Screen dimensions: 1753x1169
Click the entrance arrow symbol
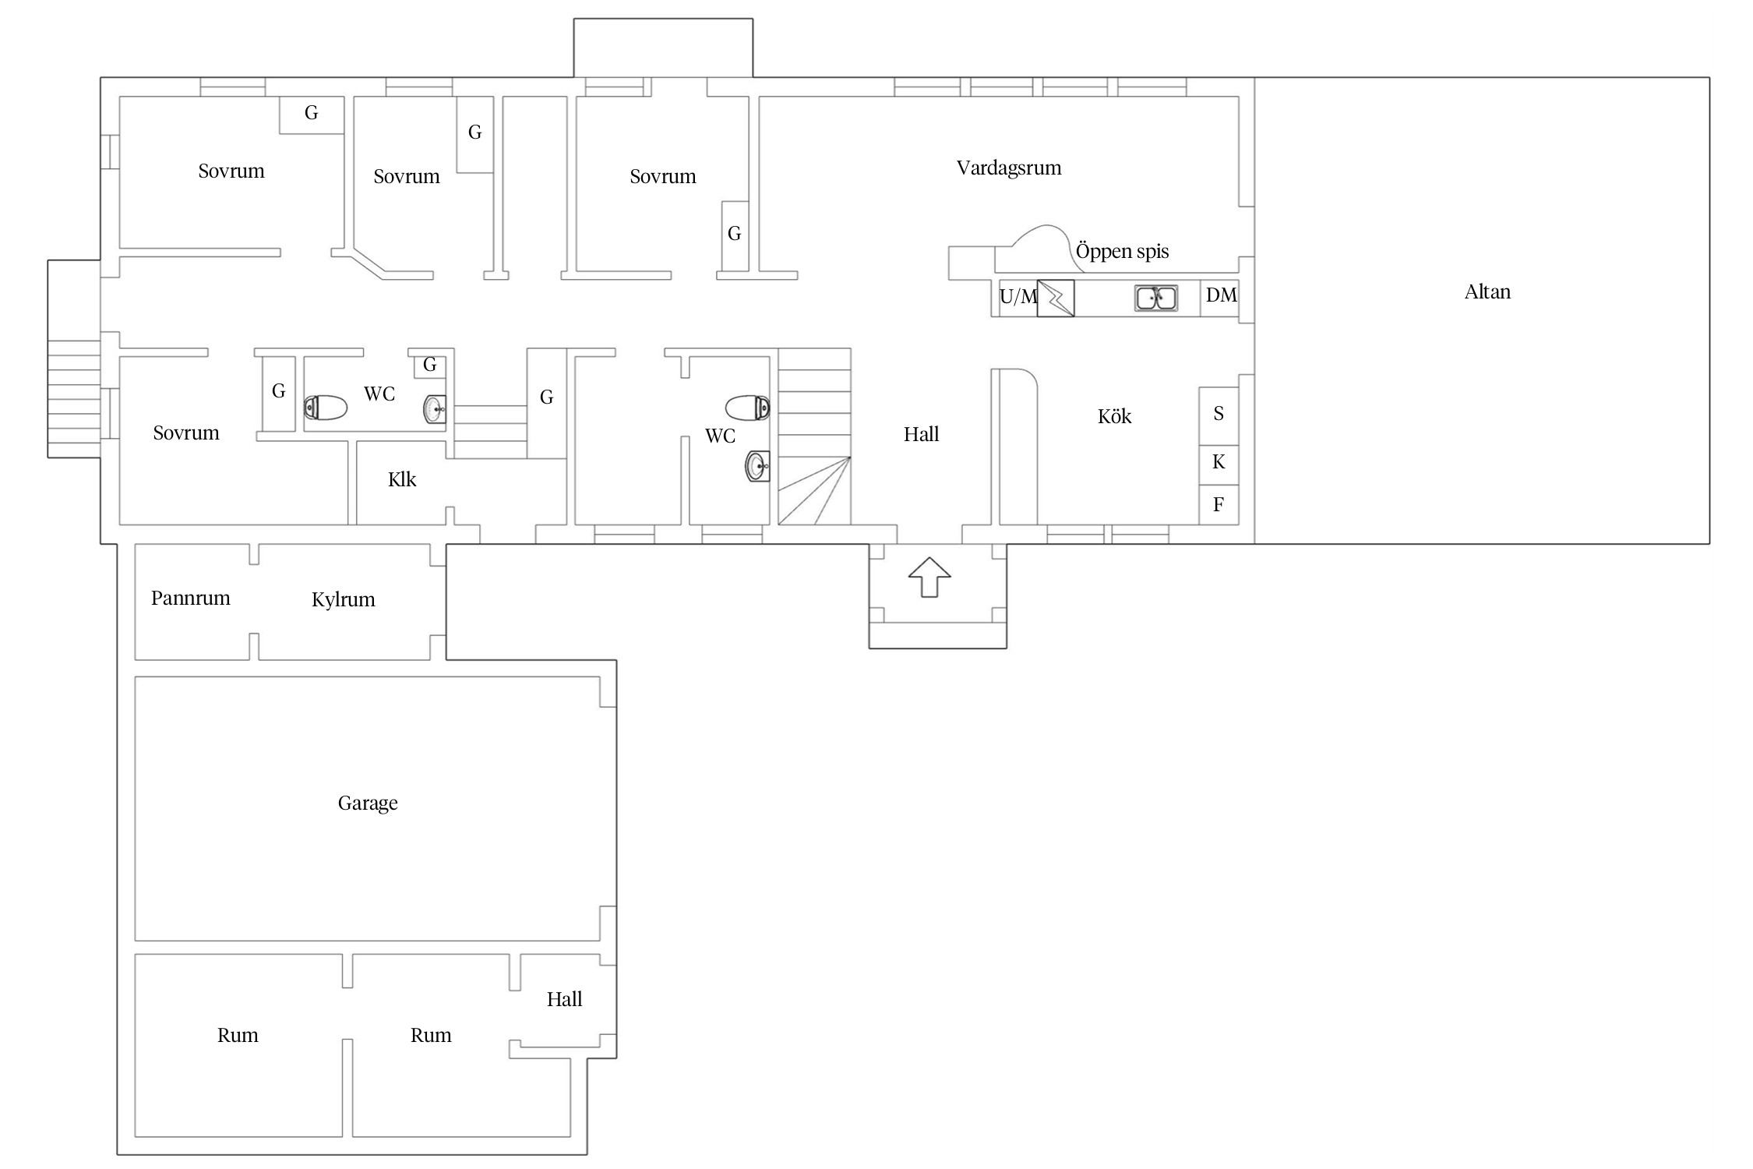point(929,577)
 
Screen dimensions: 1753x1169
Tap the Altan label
point(1487,292)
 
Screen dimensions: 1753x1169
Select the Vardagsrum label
point(1009,168)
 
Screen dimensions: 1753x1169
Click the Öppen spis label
point(1122,252)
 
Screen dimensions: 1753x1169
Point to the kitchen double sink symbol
point(1155,298)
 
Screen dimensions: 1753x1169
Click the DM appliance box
point(1219,298)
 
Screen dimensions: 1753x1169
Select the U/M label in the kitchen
point(1018,297)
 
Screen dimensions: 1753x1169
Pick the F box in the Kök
point(1219,505)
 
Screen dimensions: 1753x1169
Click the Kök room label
point(1114,417)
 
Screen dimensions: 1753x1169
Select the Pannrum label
point(191,599)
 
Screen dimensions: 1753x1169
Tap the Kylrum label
point(344,600)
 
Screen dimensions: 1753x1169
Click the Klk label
point(402,480)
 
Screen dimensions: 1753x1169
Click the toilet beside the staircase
point(748,408)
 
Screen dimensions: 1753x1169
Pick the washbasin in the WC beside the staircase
point(758,467)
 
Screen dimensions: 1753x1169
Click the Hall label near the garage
point(564,1000)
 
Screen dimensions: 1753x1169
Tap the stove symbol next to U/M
point(1056,298)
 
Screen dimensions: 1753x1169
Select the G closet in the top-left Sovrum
point(312,115)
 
